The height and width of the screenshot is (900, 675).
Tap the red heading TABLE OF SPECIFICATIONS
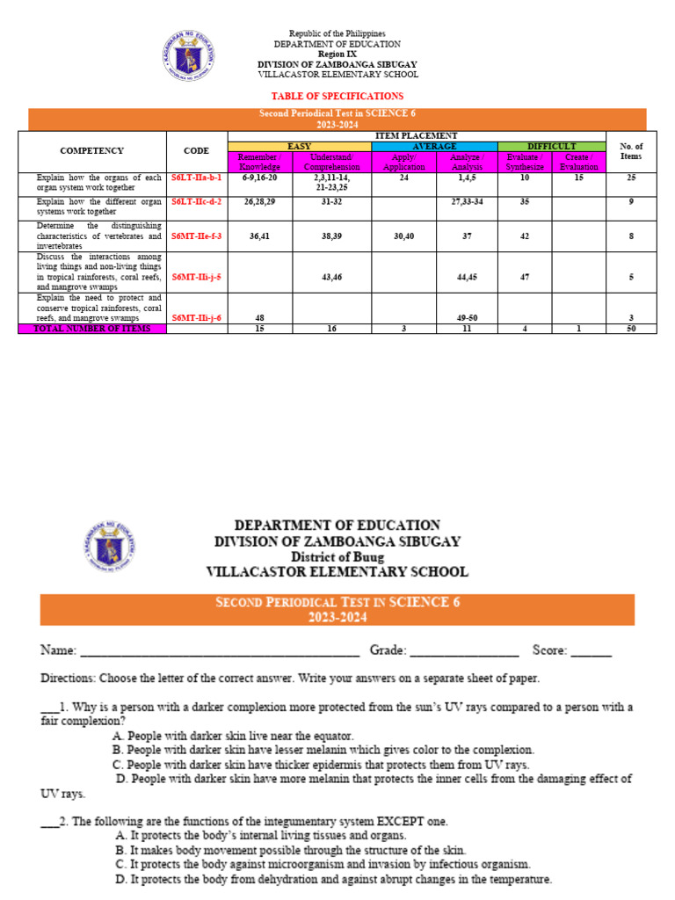click(x=337, y=96)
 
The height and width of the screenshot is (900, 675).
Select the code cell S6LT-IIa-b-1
click(x=197, y=177)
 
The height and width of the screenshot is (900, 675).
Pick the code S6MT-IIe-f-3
click(x=197, y=236)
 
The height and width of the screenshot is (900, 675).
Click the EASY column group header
click(x=300, y=146)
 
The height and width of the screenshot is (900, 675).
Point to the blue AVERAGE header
click(x=435, y=146)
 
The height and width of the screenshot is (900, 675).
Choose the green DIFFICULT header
click(x=551, y=146)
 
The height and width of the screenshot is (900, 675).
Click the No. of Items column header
click(x=631, y=151)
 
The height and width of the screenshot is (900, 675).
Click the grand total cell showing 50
click(x=631, y=329)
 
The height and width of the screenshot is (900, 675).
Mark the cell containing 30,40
click(x=404, y=236)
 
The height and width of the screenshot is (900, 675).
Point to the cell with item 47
click(x=525, y=277)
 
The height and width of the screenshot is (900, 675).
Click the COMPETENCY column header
click(x=92, y=151)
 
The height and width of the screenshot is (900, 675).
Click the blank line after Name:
click(x=220, y=652)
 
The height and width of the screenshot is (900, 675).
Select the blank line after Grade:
click(x=464, y=652)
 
